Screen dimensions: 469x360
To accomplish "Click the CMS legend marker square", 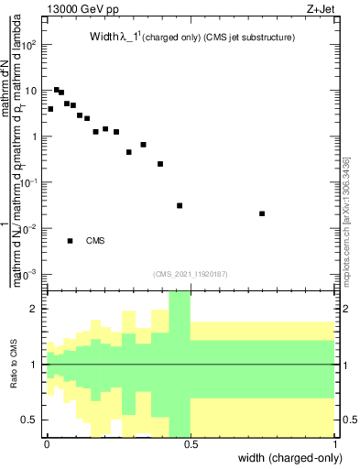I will click(70, 241).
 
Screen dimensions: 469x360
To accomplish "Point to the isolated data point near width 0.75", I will click(262, 213).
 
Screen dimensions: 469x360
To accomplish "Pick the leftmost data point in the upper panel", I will click(50, 109).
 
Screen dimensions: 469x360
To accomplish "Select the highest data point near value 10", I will click(57, 90).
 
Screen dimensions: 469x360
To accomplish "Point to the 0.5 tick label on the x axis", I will click(191, 443).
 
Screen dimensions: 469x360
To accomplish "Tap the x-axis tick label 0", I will click(48, 443).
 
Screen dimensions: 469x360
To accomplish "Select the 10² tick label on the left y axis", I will click(29, 44).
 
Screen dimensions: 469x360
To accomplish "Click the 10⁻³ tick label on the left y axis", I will click(29, 274).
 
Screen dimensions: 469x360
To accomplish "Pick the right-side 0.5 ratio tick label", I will click(349, 420).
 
